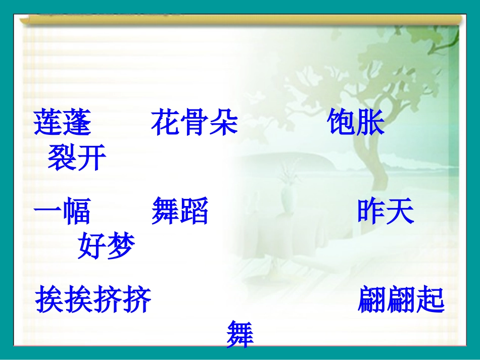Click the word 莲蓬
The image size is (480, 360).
62,123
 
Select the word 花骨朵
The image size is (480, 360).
195,123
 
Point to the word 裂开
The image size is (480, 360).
77,159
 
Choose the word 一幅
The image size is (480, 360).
62,212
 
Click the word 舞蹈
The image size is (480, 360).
180,212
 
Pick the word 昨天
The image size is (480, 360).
386,212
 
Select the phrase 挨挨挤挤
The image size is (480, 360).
93,301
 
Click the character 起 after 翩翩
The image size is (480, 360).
430,301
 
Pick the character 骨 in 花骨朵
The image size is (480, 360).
195,123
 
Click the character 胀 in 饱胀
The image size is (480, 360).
370,123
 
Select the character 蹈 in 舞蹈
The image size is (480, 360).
195,212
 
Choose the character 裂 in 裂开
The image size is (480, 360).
62,159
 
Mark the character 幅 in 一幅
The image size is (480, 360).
77,212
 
